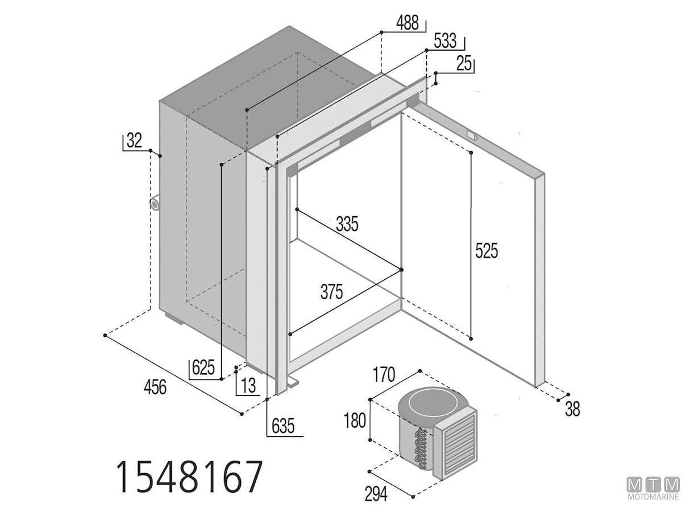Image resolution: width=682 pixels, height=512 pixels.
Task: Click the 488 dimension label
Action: (x=407, y=23)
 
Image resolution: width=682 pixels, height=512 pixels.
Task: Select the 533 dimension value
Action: (x=445, y=41)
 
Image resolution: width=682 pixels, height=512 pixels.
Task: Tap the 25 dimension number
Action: (x=464, y=63)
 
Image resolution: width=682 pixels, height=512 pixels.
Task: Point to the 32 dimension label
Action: (x=134, y=140)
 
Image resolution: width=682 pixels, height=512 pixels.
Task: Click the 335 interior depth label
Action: (x=347, y=224)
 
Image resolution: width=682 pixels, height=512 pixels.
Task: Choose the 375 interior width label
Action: (x=331, y=292)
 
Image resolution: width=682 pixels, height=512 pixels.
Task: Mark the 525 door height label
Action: (x=486, y=250)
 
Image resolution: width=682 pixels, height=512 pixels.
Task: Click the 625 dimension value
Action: (x=203, y=368)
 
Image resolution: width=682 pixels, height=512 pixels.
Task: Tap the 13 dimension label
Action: (x=248, y=386)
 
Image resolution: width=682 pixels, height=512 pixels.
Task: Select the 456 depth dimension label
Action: (x=155, y=387)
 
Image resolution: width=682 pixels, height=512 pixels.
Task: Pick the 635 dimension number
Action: (x=282, y=426)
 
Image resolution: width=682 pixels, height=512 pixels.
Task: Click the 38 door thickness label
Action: (x=572, y=409)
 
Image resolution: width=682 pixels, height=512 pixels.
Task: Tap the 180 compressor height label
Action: (x=355, y=421)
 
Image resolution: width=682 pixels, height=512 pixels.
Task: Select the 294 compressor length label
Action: (x=376, y=494)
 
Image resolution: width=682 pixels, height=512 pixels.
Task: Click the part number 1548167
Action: (x=189, y=481)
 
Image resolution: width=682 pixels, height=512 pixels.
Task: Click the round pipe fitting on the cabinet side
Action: (x=155, y=203)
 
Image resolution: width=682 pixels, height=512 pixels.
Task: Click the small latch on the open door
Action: (x=473, y=135)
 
